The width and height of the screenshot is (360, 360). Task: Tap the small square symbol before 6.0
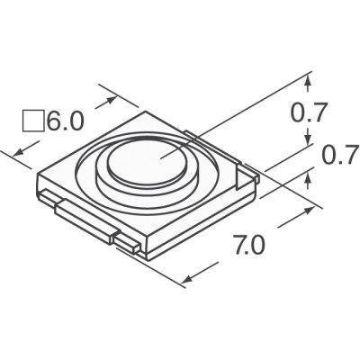coord(32,121)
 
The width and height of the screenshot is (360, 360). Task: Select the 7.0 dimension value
coord(249,244)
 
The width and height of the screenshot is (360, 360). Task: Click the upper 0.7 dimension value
coord(308,113)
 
